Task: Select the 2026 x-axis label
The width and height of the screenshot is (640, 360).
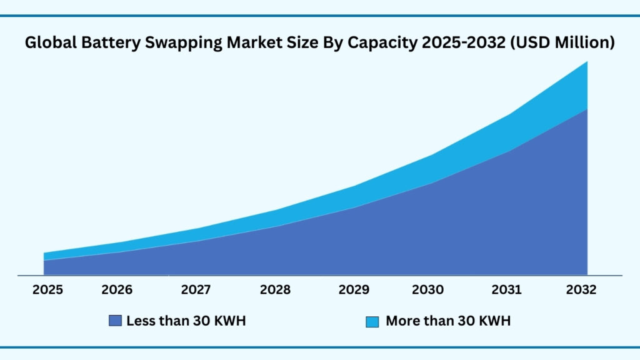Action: click(117, 290)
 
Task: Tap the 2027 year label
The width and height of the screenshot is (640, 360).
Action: click(196, 290)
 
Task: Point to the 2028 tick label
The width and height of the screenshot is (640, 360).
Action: click(275, 290)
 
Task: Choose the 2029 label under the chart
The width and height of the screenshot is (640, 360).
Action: click(353, 290)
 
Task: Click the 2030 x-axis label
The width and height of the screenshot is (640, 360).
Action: click(428, 290)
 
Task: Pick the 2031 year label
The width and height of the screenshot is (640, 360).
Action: click(506, 290)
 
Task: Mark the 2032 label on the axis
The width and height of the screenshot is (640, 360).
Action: click(581, 290)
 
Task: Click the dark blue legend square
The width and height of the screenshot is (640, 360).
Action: click(115, 321)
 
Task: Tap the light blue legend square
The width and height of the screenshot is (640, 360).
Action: click(372, 322)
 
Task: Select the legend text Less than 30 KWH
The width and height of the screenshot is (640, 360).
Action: click(186, 321)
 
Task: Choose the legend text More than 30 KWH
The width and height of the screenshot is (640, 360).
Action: click(448, 321)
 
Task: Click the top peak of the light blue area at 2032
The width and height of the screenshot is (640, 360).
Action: click(587, 62)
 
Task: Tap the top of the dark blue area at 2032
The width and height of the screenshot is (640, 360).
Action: click(587, 109)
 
